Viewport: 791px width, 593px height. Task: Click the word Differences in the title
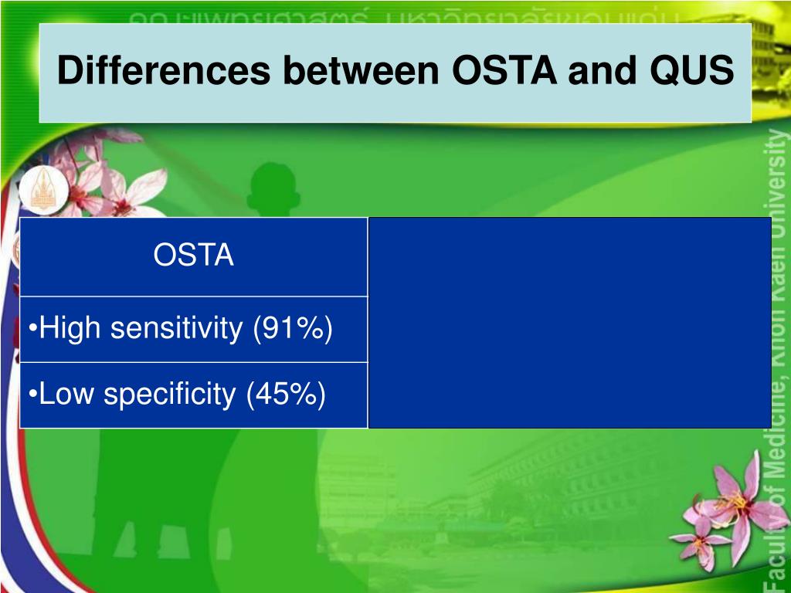[164, 72]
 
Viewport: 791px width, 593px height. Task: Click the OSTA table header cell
[193, 256]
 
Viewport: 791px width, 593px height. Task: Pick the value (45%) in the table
[286, 395]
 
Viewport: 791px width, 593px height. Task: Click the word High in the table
[70, 329]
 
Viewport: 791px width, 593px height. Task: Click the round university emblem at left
[38, 192]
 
